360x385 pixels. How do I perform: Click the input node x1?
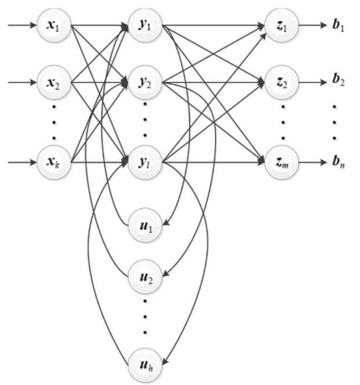(54, 27)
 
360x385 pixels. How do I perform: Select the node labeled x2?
(54, 82)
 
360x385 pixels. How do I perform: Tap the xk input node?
(54, 161)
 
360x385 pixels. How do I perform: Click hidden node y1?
(145, 27)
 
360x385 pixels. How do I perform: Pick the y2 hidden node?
(145, 82)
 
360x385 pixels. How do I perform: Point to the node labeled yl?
(145, 161)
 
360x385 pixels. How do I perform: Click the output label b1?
(339, 27)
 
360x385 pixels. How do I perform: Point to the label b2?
(339, 82)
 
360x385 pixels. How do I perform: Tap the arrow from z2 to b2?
(312, 83)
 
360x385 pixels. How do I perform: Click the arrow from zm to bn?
(312, 161)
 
